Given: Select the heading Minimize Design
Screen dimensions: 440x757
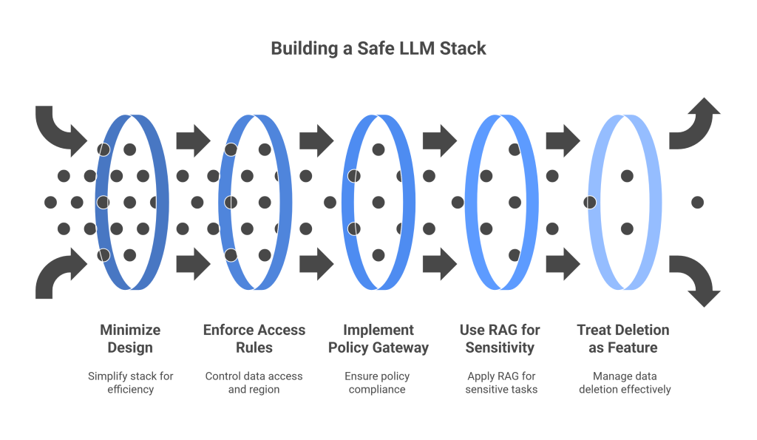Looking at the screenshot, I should (x=130, y=339).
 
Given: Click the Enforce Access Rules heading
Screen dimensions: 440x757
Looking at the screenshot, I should (x=254, y=339).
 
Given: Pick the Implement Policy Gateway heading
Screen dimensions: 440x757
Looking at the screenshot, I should (x=378, y=339).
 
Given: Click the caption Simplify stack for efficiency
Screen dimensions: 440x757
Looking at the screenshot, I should (x=130, y=382).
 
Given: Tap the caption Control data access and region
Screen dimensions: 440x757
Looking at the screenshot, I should (x=254, y=382).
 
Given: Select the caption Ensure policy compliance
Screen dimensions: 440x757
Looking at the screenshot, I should (x=378, y=382).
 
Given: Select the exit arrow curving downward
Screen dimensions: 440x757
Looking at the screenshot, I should (x=696, y=280).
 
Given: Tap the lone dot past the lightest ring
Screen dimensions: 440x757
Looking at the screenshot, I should (x=697, y=202).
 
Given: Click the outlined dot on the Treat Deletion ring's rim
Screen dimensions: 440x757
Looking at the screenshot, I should (x=591, y=202).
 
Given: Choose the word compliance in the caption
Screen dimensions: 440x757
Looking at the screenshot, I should (x=378, y=389).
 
